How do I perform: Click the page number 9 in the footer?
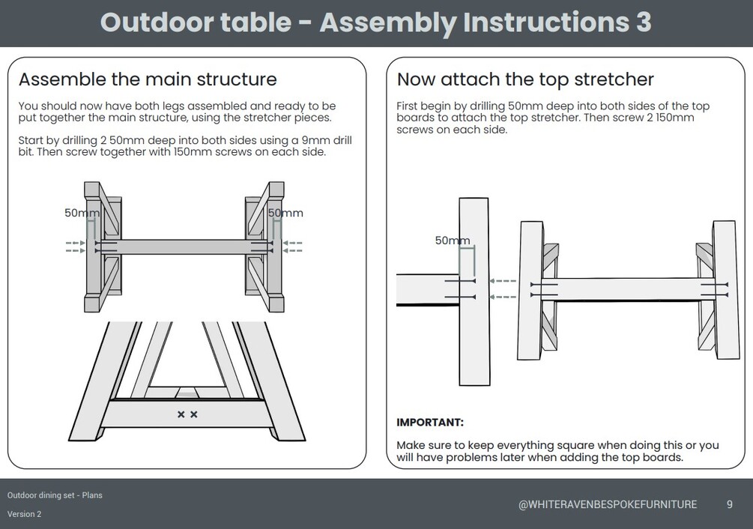tap(729, 504)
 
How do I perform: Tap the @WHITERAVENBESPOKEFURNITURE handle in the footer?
tap(607, 505)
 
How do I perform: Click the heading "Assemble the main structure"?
tap(148, 79)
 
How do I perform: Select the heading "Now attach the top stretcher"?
tap(525, 79)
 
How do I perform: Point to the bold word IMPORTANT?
tap(429, 423)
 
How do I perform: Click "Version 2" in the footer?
tap(25, 514)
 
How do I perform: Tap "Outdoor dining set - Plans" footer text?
tap(55, 495)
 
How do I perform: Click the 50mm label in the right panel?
tap(453, 241)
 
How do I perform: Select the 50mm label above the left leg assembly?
tap(82, 213)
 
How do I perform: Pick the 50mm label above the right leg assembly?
tap(285, 213)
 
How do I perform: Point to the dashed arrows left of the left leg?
tap(75, 247)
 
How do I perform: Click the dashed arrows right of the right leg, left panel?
tap(292, 247)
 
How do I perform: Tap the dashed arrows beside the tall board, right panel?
tap(502, 288)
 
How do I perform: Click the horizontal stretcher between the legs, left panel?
tap(184, 247)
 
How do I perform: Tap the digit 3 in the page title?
tap(643, 22)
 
